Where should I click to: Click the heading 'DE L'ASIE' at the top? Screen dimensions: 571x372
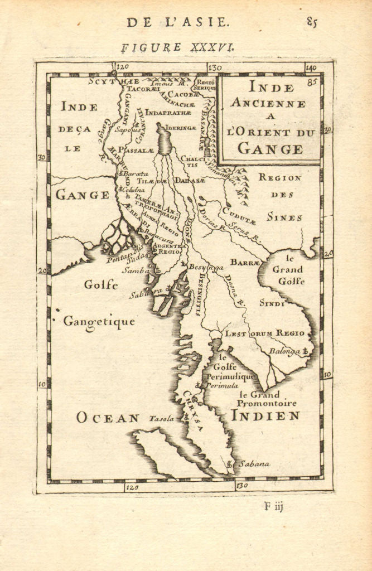click(x=177, y=22)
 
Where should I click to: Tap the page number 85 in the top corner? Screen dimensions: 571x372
click(x=311, y=22)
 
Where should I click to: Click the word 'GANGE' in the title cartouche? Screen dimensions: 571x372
click(x=270, y=149)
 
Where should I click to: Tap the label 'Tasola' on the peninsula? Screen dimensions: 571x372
click(x=162, y=418)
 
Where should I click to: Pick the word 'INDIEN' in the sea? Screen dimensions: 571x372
click(x=265, y=415)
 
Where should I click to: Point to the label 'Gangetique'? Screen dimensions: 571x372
click(x=99, y=322)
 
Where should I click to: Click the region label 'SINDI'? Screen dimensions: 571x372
click(x=272, y=303)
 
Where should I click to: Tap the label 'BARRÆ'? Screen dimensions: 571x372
click(x=245, y=262)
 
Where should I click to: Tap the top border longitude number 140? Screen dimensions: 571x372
click(x=311, y=67)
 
